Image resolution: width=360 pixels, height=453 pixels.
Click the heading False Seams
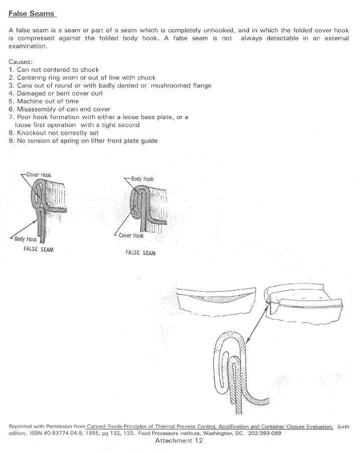tap(32, 13)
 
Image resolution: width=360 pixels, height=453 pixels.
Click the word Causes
tap(21, 62)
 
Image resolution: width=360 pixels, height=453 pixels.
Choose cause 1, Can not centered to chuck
tap(52, 70)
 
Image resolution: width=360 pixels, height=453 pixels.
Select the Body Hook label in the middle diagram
tap(142, 179)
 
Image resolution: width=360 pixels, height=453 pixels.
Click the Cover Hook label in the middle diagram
tap(131, 235)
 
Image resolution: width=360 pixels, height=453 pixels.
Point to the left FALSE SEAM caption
tap(39, 250)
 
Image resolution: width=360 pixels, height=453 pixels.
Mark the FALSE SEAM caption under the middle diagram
tap(140, 253)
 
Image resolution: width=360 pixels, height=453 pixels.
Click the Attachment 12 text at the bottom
tap(179, 441)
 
